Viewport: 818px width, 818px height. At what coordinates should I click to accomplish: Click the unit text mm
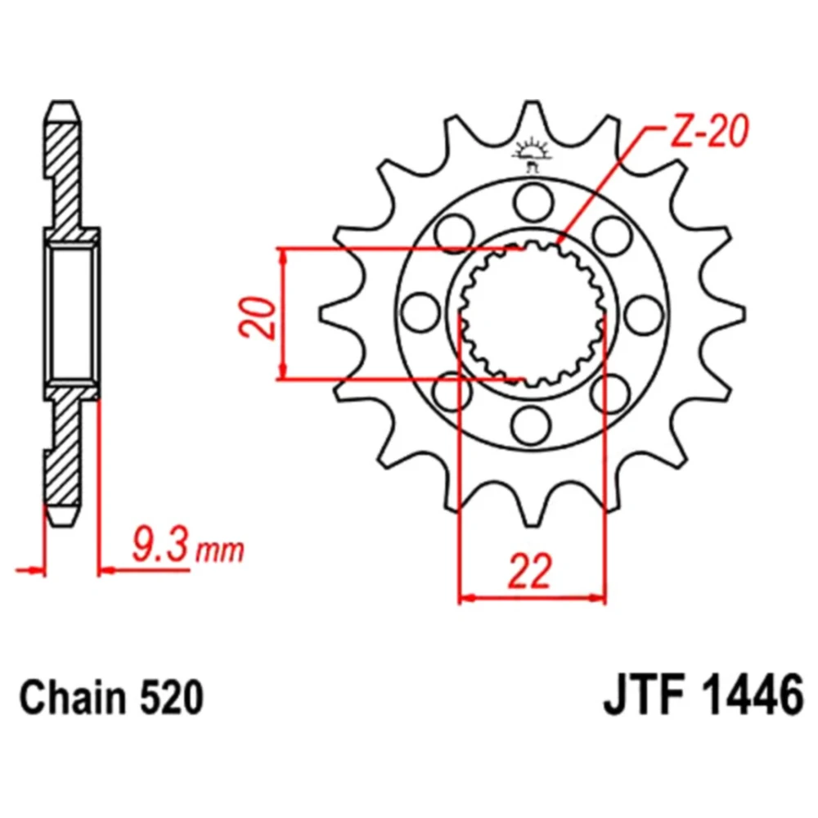coord(219,551)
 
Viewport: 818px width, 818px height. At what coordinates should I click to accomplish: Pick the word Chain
coord(72,697)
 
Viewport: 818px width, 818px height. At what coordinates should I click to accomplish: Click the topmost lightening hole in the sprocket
coord(533,202)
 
